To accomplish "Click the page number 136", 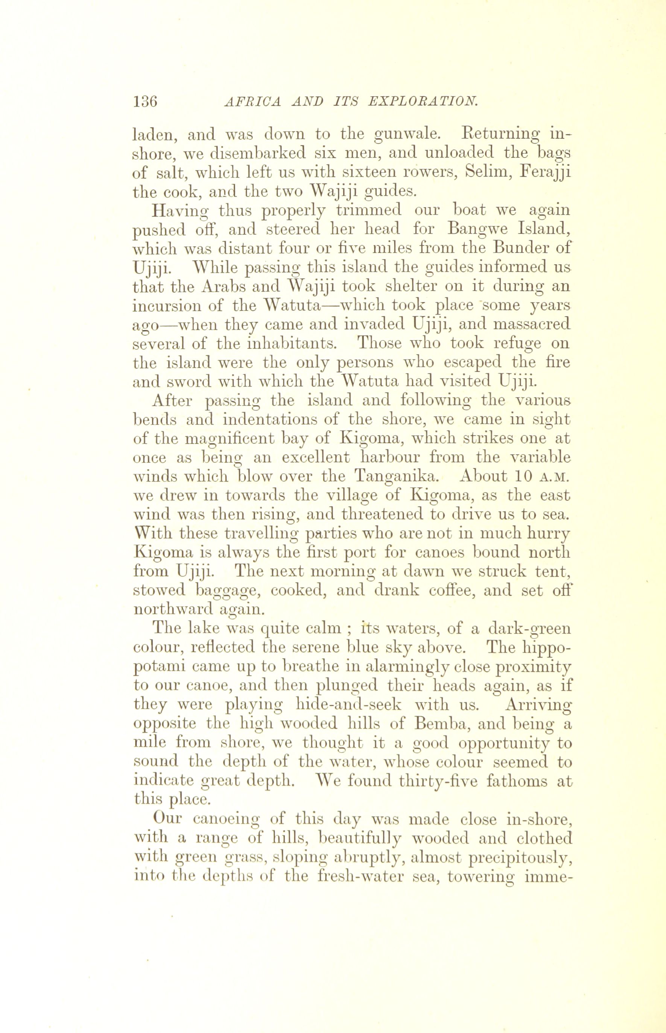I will coord(145,101).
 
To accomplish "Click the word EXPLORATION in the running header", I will coord(423,101).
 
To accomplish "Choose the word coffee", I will coord(441,590).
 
